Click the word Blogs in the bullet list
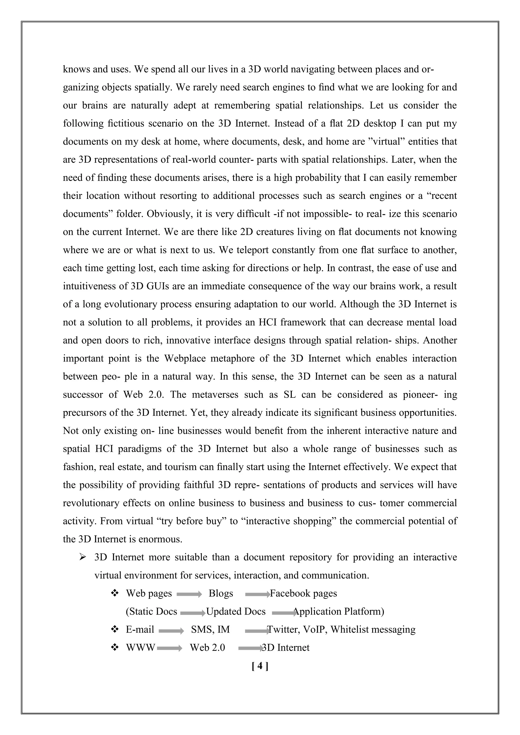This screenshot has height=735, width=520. pyautogui.click(x=221, y=593)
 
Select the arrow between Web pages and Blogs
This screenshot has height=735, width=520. pyautogui.click(x=189, y=594)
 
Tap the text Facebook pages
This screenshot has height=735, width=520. pyautogui.click(x=303, y=593)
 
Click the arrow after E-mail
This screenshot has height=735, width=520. pyautogui.click(x=171, y=631)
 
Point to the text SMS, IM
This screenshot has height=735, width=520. pyautogui.click(x=210, y=629)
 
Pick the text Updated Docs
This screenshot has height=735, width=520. pyautogui.click(x=236, y=611)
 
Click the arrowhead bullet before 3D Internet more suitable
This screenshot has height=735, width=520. pyautogui.click(x=83, y=557)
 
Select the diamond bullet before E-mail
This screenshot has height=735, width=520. pyautogui.click(x=114, y=629)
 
